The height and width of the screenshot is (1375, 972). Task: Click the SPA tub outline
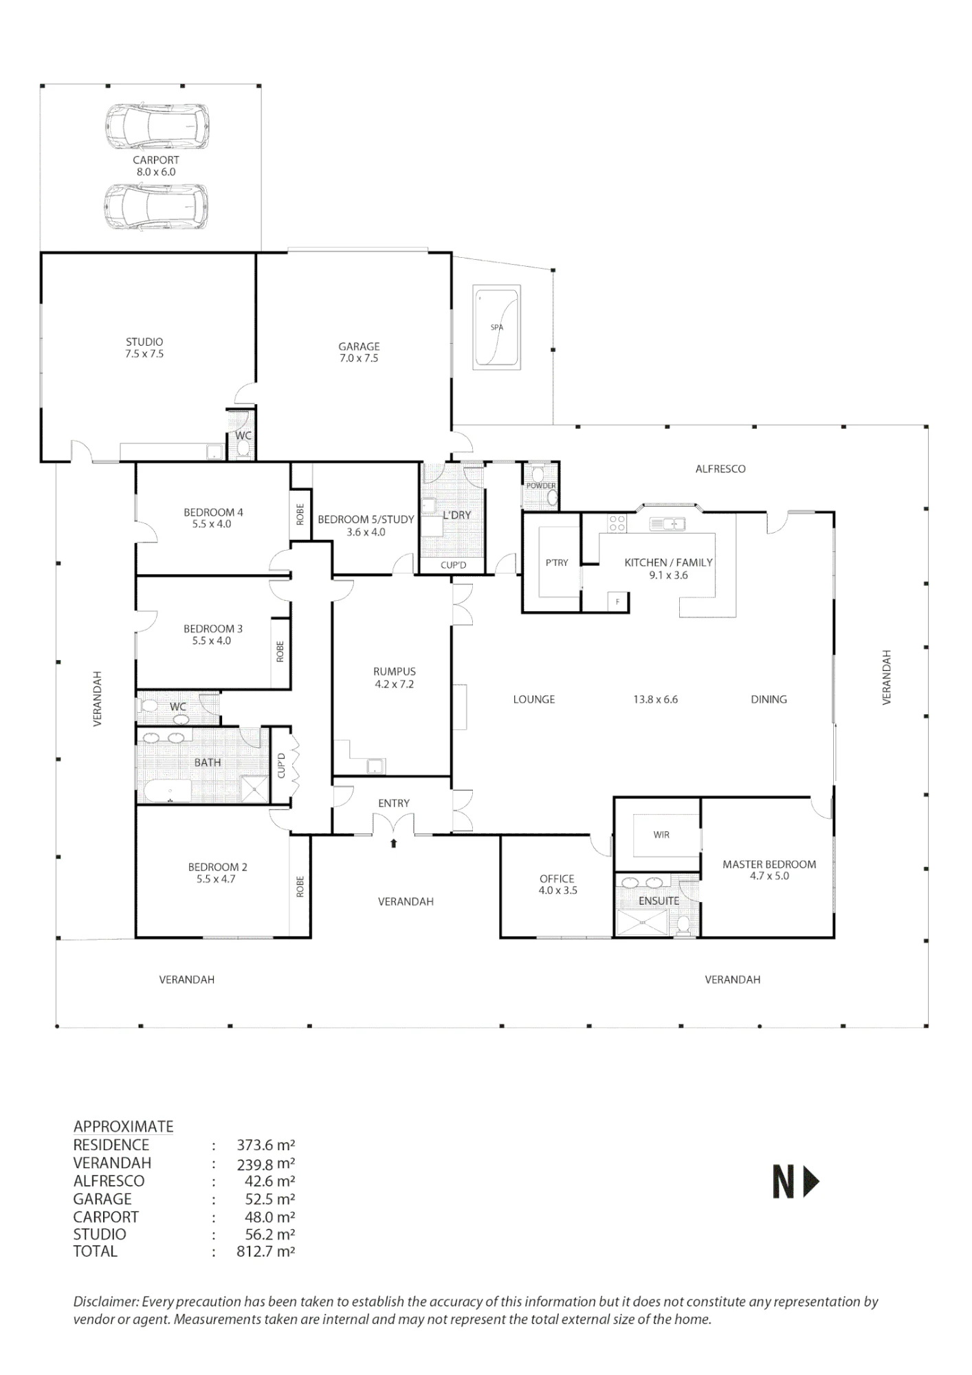click(473, 327)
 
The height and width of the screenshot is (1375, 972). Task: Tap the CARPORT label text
click(156, 160)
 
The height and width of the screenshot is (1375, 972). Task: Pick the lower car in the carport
click(157, 206)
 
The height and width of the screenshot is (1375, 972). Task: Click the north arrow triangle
click(812, 1182)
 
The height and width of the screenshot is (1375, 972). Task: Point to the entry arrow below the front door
click(394, 843)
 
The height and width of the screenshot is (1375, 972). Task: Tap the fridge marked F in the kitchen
click(618, 602)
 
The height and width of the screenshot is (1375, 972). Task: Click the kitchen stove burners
click(617, 523)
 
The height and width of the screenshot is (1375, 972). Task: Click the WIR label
click(661, 835)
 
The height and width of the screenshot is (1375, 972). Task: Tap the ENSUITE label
click(659, 901)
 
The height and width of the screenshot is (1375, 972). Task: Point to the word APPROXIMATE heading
click(124, 1126)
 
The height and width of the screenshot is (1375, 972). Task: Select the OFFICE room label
click(557, 879)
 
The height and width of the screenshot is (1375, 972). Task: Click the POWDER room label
click(541, 486)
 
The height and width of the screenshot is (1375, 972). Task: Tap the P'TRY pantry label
click(557, 562)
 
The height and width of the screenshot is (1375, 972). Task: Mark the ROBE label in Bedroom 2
click(300, 887)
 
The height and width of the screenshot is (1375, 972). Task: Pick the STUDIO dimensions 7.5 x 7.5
click(144, 354)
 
